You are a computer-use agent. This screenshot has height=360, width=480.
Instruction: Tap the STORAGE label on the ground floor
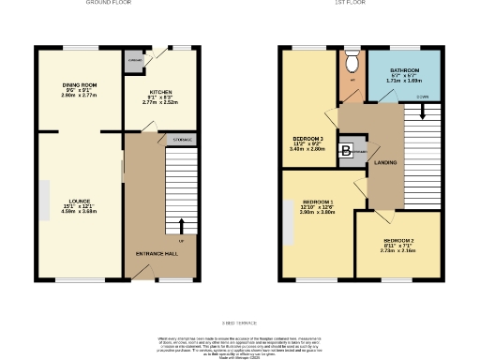[x=182, y=140]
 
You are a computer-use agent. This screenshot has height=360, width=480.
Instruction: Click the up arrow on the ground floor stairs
[x=182, y=225]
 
